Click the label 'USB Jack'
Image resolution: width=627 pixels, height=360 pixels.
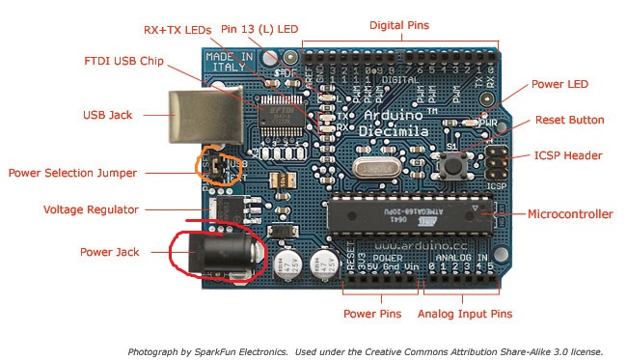click(x=106, y=115)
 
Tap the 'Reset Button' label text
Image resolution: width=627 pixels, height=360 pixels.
click(x=569, y=121)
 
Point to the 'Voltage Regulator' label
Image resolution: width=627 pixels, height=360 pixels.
click(x=91, y=209)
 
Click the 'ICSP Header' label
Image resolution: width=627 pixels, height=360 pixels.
click(x=568, y=155)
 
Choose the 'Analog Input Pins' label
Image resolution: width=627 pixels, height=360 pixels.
click(x=464, y=314)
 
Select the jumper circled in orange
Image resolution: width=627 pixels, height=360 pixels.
click(x=220, y=168)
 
